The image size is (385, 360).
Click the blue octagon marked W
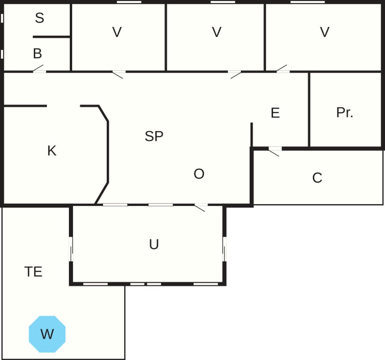(x=47, y=334)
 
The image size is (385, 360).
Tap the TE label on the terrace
(x=33, y=271)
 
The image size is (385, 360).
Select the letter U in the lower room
(x=154, y=244)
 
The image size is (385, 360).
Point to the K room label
(x=52, y=151)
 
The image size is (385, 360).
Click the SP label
(x=154, y=136)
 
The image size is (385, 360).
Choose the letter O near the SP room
(x=199, y=174)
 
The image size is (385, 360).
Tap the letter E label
(x=275, y=113)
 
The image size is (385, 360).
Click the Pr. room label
(x=345, y=112)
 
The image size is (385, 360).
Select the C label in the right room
(x=317, y=178)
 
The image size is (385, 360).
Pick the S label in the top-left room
(x=40, y=18)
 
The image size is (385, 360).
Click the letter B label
(x=37, y=54)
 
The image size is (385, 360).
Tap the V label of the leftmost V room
(x=117, y=32)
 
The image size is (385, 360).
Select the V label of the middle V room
(x=216, y=32)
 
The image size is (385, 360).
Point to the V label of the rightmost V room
(x=325, y=32)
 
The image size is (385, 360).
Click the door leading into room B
(x=39, y=69)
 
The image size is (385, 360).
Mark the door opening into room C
(x=275, y=152)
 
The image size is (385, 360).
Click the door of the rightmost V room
(x=283, y=69)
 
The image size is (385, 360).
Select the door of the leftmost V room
(x=119, y=74)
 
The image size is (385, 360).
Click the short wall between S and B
(x=51, y=37)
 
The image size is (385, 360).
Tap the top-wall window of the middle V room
(x=223, y=2)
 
